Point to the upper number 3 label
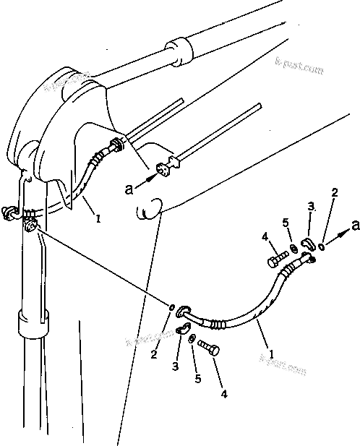click(x=312, y=207)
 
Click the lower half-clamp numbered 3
click(x=181, y=330)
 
